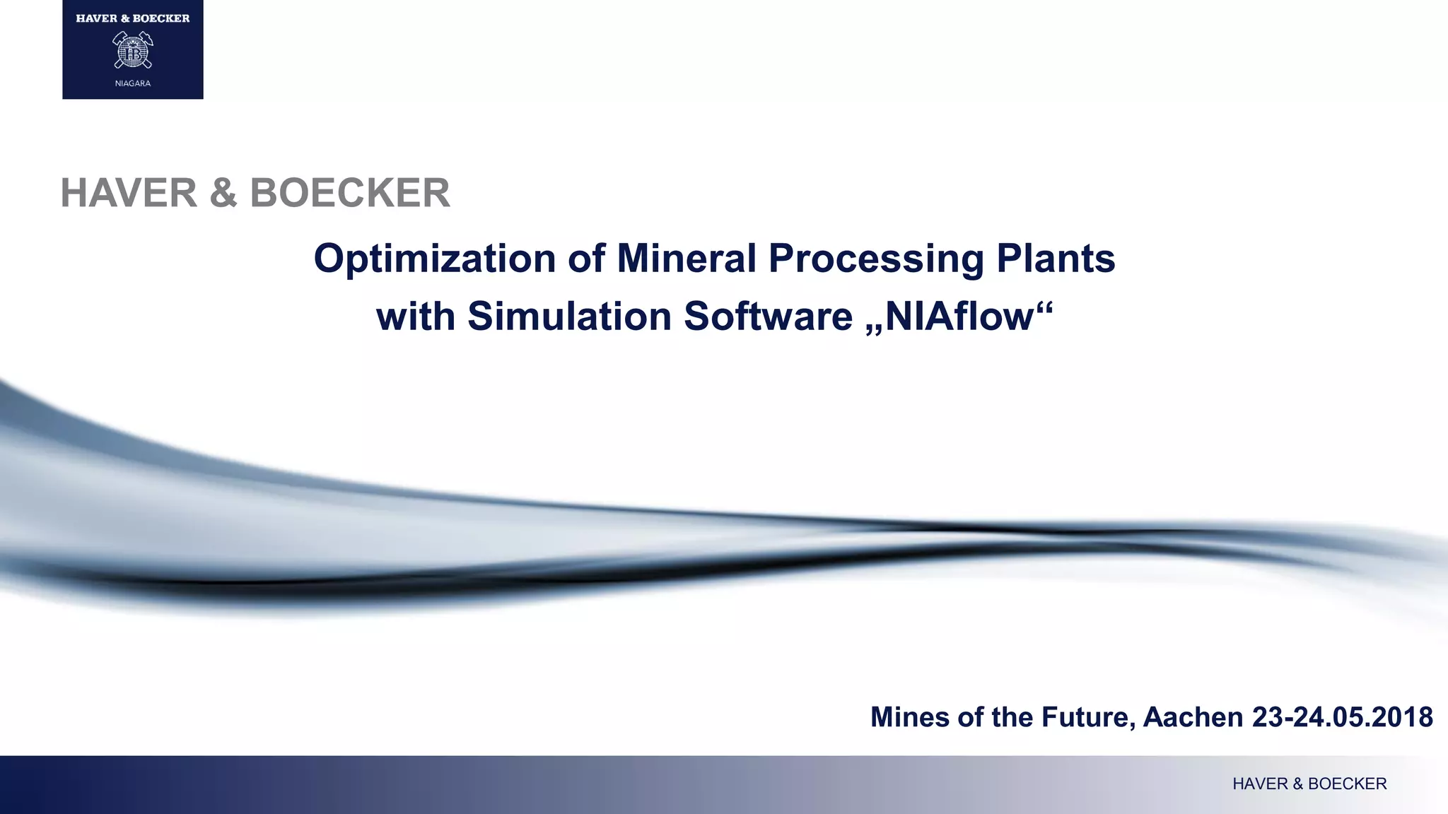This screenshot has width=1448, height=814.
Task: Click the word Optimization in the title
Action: pos(434,259)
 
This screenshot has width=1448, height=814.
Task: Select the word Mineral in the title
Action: pos(686,259)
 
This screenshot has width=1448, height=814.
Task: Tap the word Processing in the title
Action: pos(876,259)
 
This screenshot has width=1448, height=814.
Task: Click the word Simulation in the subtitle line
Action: pos(569,316)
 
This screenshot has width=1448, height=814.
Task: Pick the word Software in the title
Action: pos(768,316)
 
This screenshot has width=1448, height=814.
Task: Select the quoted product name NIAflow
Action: pos(959,316)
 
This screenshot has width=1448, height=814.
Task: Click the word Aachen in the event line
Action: pos(1193,717)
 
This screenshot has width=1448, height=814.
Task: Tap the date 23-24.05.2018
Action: pos(1342,717)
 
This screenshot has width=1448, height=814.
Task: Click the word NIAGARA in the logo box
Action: pos(133,83)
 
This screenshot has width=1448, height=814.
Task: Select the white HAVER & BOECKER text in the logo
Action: pos(133,18)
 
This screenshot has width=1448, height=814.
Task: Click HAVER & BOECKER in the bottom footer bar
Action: pos(1309,784)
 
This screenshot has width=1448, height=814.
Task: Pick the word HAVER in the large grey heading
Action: pos(129,193)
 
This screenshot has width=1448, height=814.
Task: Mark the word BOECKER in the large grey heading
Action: pos(350,193)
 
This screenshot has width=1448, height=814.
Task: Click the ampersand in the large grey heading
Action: pos(223,193)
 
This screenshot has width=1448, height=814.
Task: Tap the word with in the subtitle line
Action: pos(416,316)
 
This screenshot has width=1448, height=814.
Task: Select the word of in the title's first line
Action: pos(585,259)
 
